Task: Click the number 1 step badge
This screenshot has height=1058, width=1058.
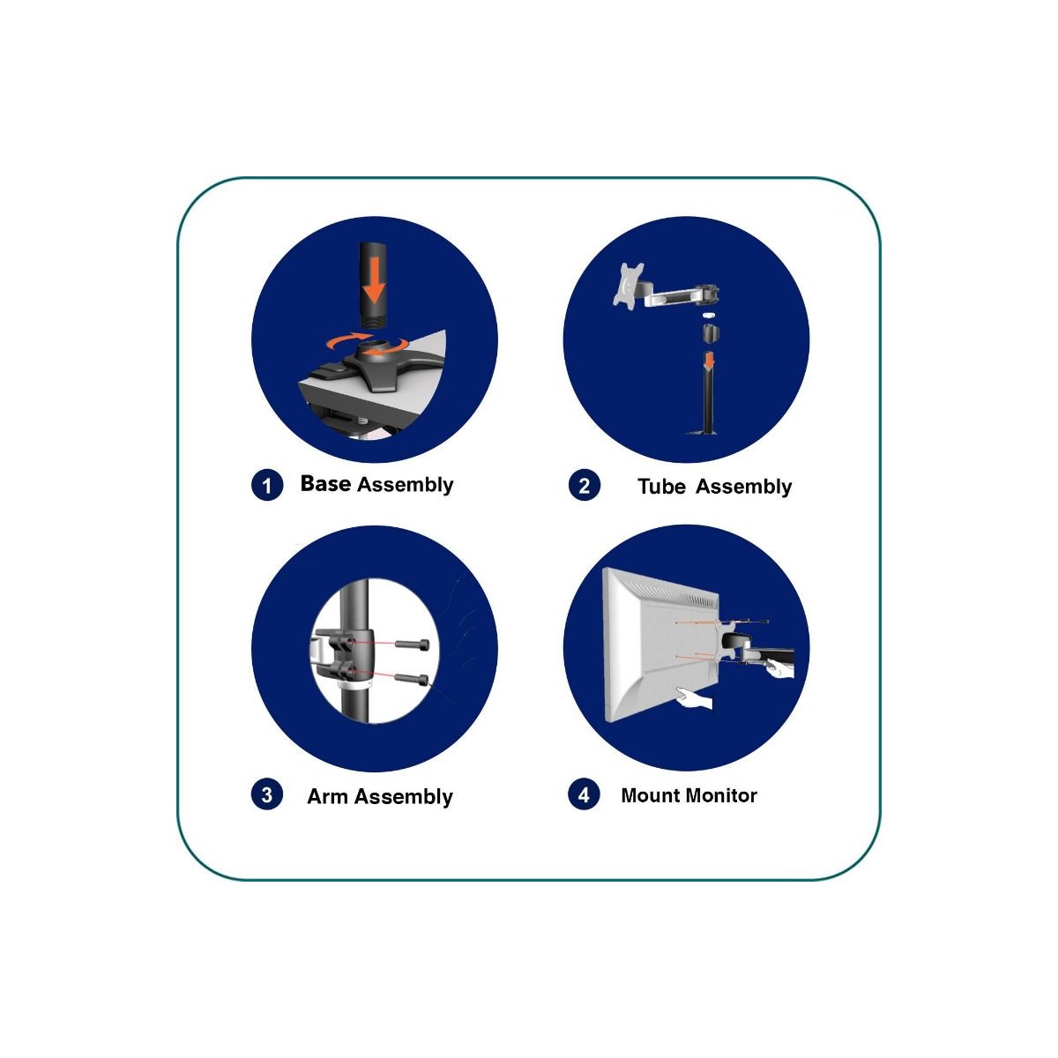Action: [267, 485]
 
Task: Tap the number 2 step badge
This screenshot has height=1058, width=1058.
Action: [585, 485]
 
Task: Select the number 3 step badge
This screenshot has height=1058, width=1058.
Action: [267, 794]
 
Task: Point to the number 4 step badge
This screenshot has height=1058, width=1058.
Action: [585, 794]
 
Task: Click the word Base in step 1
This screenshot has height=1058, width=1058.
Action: [325, 483]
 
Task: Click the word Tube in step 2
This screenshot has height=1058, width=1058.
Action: [661, 487]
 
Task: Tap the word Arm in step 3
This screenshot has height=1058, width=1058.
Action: [327, 796]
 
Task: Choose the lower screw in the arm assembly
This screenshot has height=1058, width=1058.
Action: [411, 679]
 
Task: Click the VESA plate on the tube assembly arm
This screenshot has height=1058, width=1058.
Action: [629, 284]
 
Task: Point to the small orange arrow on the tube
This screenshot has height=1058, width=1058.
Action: [710, 361]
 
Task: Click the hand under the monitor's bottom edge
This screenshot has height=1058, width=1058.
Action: [694, 699]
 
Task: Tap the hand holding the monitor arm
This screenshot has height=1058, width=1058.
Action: [779, 668]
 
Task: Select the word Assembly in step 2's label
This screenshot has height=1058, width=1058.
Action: [744, 488]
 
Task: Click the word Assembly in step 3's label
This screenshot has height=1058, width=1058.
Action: [404, 797]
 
